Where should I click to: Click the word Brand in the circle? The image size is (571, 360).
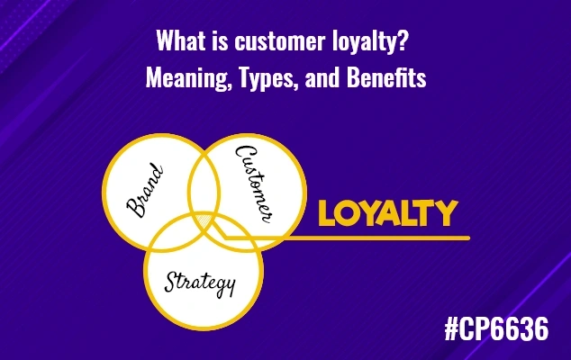click(145, 190)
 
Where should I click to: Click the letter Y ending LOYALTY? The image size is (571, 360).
click(447, 214)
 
